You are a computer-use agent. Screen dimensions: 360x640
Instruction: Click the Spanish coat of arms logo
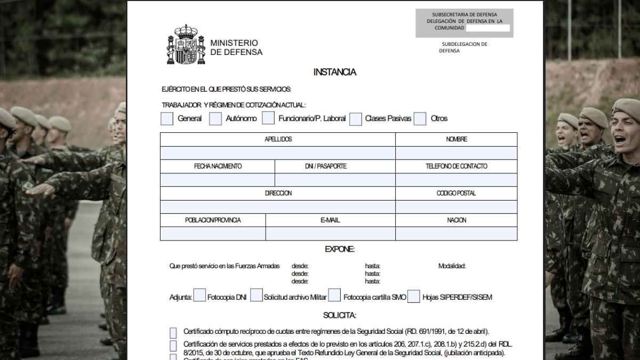click(x=186, y=45)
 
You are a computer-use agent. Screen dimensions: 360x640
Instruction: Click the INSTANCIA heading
click(x=334, y=72)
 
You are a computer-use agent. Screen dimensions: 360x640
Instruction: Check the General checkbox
click(x=167, y=118)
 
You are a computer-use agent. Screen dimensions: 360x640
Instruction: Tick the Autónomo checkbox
click(x=215, y=118)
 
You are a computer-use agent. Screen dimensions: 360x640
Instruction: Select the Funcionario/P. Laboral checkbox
click(x=268, y=118)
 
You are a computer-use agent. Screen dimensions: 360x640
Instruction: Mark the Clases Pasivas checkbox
click(x=356, y=118)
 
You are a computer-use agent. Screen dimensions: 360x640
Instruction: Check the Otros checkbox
click(x=420, y=118)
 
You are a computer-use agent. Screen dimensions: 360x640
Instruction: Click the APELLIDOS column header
click(x=278, y=139)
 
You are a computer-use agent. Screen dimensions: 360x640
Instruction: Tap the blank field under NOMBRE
click(x=456, y=153)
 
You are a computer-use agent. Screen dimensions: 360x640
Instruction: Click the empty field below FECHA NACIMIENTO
click(x=218, y=180)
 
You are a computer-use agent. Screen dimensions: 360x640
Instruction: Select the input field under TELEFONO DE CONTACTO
click(x=456, y=180)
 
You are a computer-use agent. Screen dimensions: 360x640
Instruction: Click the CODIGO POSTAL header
click(x=456, y=193)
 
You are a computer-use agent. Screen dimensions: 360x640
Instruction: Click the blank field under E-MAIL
click(x=330, y=234)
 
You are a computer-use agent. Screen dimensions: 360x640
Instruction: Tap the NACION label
click(x=456, y=220)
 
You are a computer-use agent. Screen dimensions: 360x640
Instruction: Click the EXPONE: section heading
click(x=339, y=249)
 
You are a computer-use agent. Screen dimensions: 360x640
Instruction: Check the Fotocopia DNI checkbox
click(x=199, y=295)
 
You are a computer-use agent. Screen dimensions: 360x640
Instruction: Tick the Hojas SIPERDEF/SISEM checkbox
click(x=414, y=297)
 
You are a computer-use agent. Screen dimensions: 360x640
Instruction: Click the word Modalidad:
click(x=452, y=266)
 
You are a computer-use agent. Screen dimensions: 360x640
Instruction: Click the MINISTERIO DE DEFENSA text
click(x=236, y=47)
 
